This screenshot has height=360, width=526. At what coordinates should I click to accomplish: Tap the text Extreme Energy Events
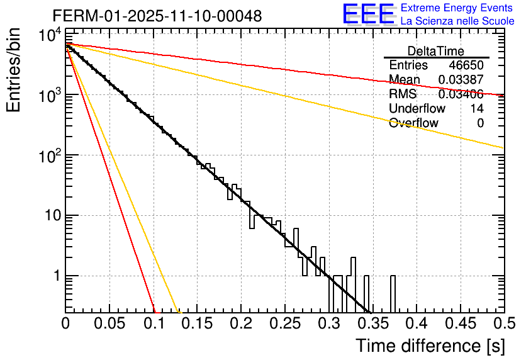click(456, 8)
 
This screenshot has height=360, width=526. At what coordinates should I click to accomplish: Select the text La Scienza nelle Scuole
click(457, 21)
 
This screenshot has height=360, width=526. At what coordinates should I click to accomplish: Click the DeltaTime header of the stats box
click(436, 51)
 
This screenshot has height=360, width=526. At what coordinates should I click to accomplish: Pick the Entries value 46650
click(466, 65)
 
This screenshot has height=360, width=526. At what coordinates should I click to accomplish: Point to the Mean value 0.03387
click(461, 80)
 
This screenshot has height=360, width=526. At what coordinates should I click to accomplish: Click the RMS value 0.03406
click(461, 94)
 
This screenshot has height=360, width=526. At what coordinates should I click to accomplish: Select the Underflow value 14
click(477, 109)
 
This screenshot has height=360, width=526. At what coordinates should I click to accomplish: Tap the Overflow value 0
click(480, 123)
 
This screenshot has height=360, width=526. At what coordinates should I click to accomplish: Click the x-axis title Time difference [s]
click(429, 346)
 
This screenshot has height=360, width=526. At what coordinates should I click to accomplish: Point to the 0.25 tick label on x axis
click(284, 324)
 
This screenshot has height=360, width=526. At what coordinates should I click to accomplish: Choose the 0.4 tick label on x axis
click(415, 324)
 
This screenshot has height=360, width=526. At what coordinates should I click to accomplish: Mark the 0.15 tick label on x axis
click(197, 324)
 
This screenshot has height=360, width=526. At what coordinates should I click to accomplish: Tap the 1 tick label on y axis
click(55, 276)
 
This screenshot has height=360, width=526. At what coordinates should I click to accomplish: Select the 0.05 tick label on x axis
click(109, 324)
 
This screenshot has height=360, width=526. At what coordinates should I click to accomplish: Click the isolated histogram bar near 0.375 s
click(393, 293)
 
